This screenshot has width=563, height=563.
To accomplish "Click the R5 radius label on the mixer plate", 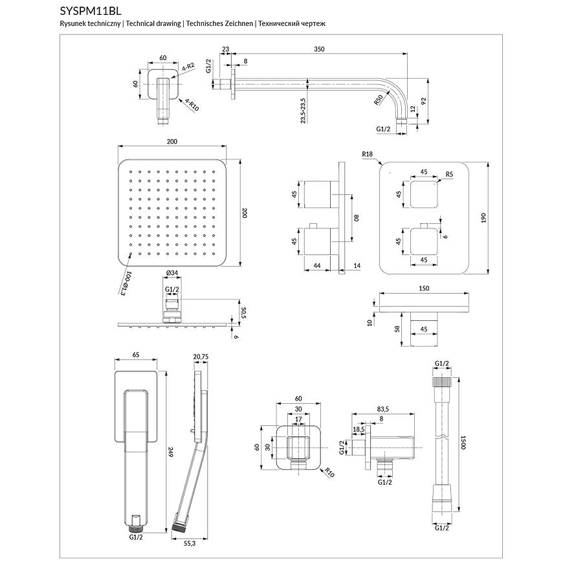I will pyautogui.click(x=450, y=173).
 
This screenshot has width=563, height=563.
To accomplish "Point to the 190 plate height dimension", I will pyautogui.click(x=483, y=218).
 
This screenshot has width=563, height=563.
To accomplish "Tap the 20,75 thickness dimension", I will pyautogui.click(x=201, y=356).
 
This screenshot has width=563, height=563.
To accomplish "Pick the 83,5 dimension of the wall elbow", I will pyautogui.click(x=382, y=409).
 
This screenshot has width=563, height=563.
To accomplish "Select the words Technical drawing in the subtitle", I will pyautogui.click(x=153, y=23).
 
